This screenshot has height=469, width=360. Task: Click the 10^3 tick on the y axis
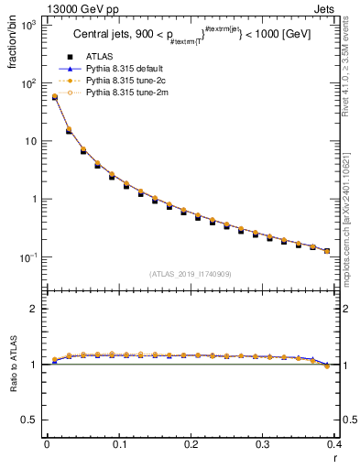tap(28, 25)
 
